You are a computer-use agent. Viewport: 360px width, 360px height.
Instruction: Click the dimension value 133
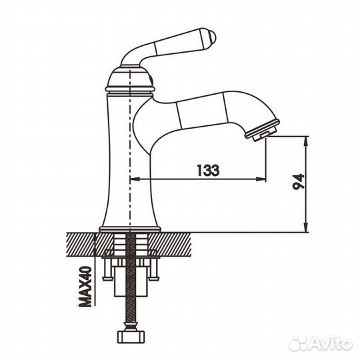208,170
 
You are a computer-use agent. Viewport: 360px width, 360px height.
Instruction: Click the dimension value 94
298,181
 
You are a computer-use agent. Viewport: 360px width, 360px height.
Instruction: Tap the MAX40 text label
85,286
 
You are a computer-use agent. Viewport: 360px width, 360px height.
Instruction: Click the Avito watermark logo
321,344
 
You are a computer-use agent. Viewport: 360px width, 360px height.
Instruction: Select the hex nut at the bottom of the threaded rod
131,337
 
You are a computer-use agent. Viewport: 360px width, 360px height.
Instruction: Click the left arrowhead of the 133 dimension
135,179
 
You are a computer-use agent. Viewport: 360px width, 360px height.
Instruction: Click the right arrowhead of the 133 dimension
261,179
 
